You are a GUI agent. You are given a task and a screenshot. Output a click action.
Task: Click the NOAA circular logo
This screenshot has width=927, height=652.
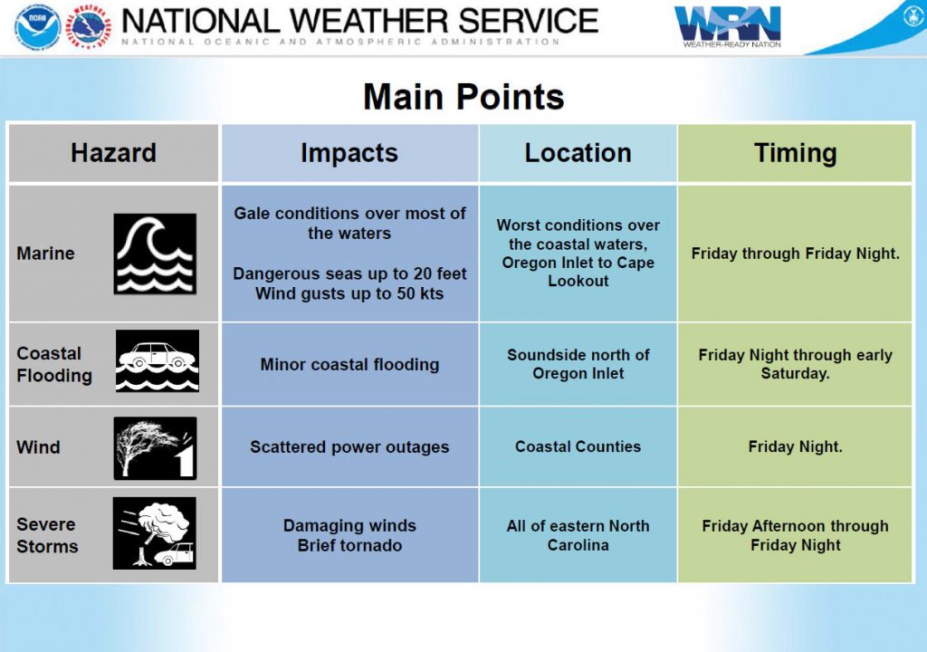point(38,26)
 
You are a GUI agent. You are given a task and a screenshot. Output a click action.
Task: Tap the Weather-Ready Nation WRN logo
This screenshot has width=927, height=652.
point(728,26)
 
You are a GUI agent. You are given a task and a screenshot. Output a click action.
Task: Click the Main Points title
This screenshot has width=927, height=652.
point(463,96)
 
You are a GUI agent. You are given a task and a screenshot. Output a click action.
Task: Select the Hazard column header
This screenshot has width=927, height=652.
point(113,153)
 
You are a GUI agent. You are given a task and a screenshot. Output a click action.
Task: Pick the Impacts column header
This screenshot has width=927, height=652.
point(349,153)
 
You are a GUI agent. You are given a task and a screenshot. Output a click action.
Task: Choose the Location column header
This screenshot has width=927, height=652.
point(578,153)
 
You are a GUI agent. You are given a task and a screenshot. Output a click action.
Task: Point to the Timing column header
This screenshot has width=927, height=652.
point(795,153)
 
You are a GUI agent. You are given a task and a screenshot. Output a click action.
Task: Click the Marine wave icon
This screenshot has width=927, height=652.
point(155,254)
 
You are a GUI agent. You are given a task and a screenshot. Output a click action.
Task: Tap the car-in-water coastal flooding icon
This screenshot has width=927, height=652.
point(158,361)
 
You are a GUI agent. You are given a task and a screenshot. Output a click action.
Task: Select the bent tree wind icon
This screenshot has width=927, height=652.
point(155,448)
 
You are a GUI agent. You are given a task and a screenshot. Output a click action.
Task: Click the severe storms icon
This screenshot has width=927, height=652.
point(154,533)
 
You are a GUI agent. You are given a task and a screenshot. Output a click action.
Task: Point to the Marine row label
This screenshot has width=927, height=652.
point(45,254)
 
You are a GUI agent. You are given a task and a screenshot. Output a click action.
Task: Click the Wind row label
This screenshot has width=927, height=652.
point(38,446)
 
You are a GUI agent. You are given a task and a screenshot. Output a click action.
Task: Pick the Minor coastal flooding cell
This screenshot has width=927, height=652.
point(349,364)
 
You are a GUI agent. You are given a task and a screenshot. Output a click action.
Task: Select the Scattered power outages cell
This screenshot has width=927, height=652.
point(349,446)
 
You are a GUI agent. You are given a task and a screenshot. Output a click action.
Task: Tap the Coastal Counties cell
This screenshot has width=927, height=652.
point(578,446)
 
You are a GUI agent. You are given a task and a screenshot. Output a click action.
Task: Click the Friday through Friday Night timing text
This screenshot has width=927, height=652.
point(795,254)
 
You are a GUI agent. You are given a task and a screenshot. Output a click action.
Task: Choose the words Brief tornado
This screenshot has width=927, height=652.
point(349,545)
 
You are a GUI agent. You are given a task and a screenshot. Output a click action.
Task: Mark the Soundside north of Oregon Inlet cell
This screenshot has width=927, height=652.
point(578,364)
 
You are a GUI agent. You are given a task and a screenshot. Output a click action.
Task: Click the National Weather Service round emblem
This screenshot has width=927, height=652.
point(89,26)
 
